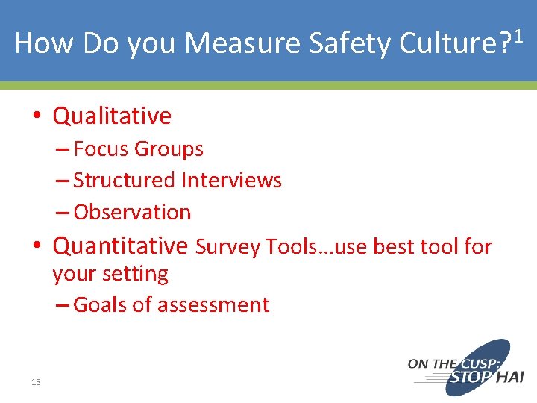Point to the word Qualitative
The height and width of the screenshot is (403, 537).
click(112, 116)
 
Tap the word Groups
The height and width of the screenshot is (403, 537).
click(169, 149)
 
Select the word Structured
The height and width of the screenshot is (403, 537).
click(124, 181)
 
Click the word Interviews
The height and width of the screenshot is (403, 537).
click(230, 181)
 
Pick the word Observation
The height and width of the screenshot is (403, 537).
click(132, 212)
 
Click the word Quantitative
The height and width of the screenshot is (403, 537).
click(120, 245)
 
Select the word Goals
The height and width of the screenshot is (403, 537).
click(101, 304)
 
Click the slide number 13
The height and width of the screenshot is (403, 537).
click(36, 382)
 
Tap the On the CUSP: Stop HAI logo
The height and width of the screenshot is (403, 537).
click(465, 367)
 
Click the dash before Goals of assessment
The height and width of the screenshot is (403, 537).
click(63, 304)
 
